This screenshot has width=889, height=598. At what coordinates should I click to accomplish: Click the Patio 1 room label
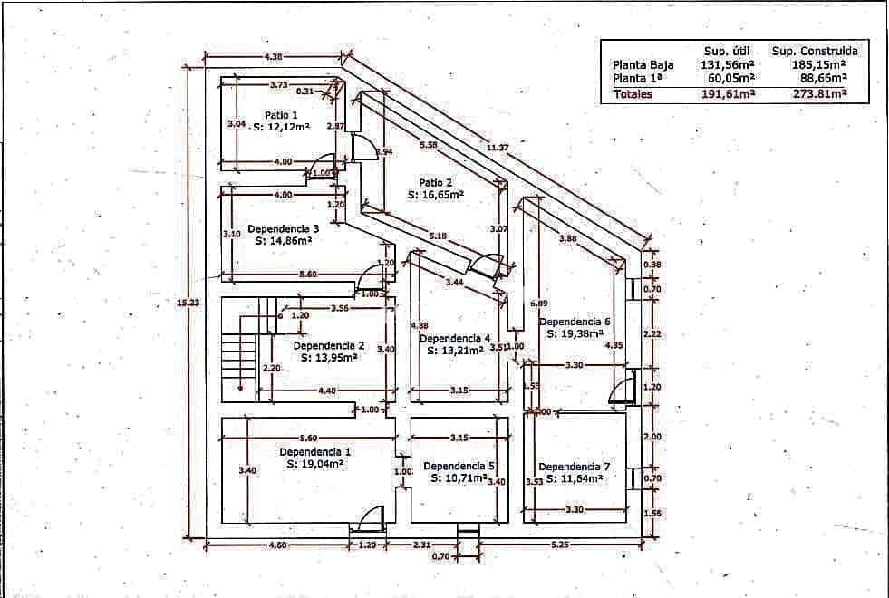pos(281,115)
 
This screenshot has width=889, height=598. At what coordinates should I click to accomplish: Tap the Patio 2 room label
pos(435,182)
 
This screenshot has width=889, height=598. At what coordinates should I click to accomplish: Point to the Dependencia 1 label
pos(314,451)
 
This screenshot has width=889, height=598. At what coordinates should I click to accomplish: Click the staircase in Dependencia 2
pos(239,349)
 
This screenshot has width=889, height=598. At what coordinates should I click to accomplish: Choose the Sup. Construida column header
pos(815,51)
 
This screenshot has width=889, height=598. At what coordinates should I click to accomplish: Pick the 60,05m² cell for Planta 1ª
pos(728,79)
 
